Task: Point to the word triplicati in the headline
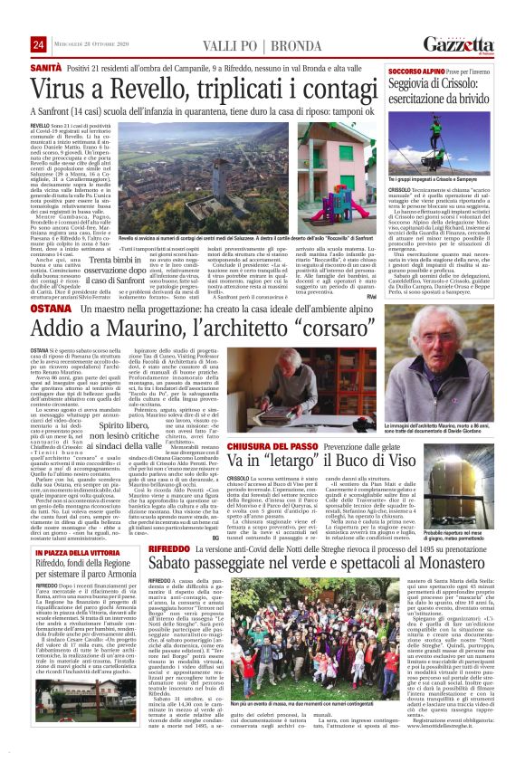[229, 89]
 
